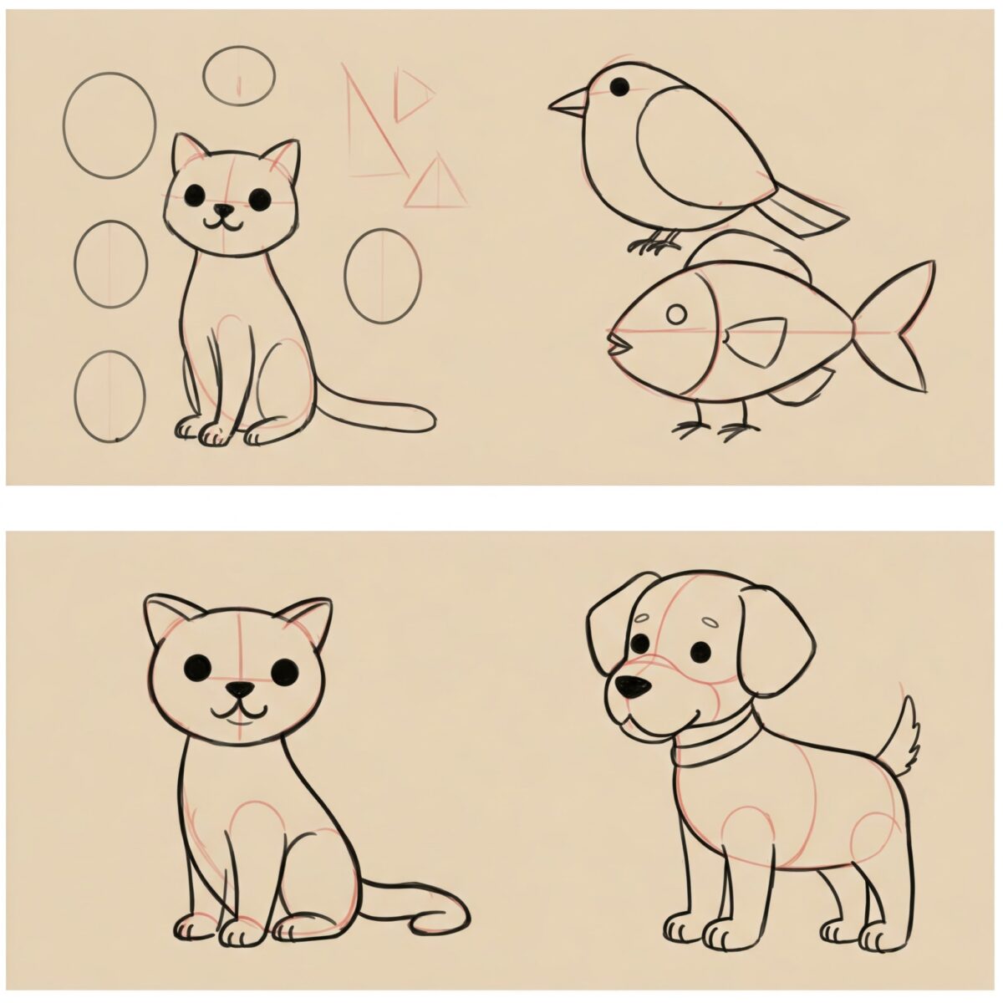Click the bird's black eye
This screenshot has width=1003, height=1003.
(x=619, y=84)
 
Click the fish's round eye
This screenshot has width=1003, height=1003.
(x=677, y=314)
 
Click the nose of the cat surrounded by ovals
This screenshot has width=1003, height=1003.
(x=222, y=211)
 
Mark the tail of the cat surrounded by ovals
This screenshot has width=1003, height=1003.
(x=376, y=413)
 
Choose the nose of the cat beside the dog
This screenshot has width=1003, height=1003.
(x=241, y=690)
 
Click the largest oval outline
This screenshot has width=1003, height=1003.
(x=109, y=125)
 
